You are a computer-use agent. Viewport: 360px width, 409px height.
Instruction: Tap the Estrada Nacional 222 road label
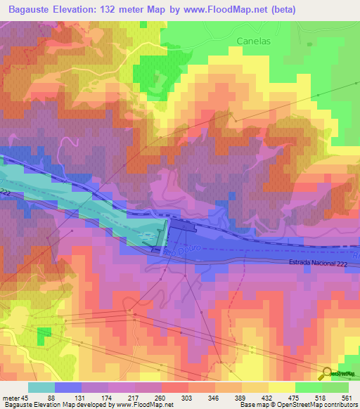point(318,262)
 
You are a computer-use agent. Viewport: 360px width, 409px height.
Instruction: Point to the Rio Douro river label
point(176,251)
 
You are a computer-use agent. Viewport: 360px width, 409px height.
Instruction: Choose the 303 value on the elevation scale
point(188,398)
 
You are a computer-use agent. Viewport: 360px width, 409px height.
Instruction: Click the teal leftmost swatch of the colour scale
point(41,387)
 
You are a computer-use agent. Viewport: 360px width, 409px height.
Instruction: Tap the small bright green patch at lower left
point(44,333)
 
